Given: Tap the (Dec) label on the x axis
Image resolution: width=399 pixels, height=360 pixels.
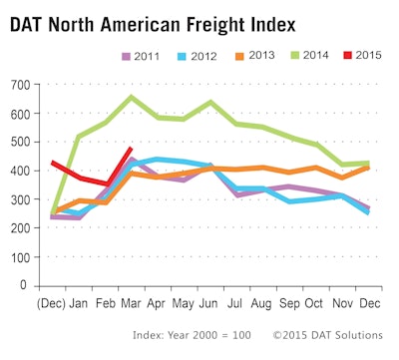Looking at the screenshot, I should [53, 299].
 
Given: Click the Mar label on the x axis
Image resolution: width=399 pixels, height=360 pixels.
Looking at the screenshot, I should [133, 299].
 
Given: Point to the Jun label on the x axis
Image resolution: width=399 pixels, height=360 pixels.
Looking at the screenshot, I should [209, 299].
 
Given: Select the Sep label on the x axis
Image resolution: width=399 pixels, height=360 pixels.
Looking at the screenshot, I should [288, 299].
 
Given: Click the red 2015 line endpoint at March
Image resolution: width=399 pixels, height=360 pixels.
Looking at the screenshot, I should [133, 148].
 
